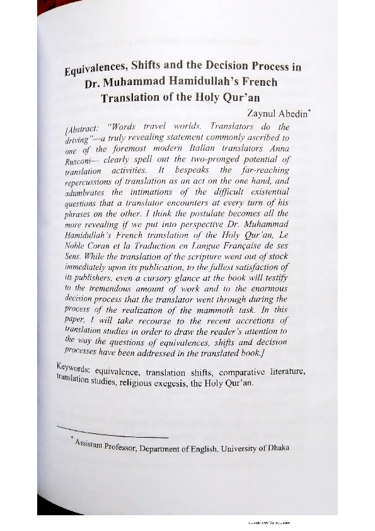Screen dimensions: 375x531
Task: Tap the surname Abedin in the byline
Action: point(273,115)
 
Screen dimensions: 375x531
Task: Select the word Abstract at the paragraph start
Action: point(81,127)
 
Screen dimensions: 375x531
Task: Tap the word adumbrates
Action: point(85,193)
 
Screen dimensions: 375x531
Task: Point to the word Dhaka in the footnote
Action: point(277,447)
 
